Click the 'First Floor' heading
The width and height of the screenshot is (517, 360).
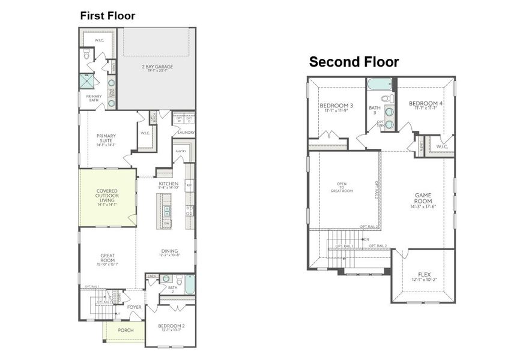pyautogui.click(x=107, y=16)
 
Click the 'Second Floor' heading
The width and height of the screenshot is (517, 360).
pyautogui.click(x=354, y=62)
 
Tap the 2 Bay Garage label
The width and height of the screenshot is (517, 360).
pyautogui.click(x=157, y=67)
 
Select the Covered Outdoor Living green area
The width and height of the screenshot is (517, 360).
pyautogui.click(x=107, y=197)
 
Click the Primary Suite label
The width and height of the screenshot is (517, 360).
pyautogui.click(x=107, y=139)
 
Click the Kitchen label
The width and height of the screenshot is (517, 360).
pyautogui.click(x=169, y=184)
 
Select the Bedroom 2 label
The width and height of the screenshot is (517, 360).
pyautogui.click(x=171, y=327)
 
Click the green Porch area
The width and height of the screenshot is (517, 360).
pyautogui.click(x=125, y=331)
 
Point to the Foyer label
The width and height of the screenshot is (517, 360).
pyautogui.click(x=134, y=307)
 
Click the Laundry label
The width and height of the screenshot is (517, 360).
pyautogui.click(x=186, y=133)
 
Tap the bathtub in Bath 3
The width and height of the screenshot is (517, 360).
pyautogui.click(x=379, y=85)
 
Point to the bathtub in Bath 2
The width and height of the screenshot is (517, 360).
pyautogui.click(x=190, y=284)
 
